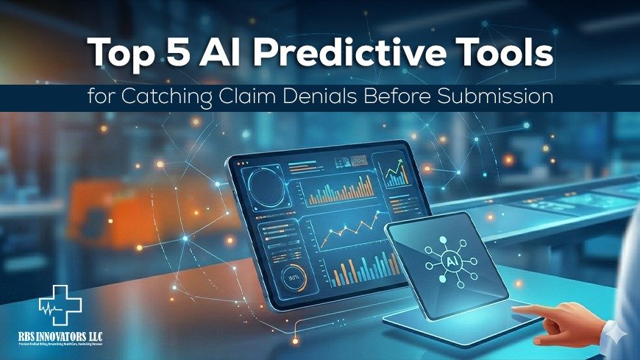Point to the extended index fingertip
click(x=516, y=311)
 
